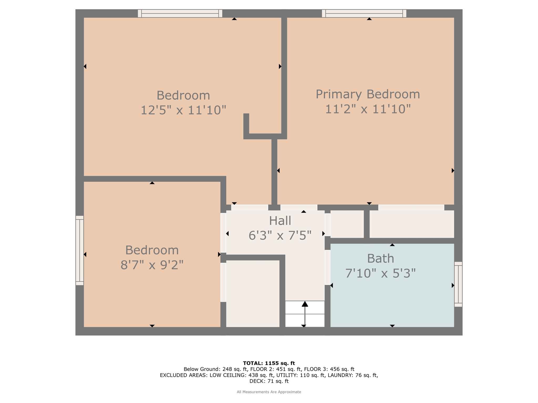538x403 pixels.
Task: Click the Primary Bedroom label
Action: click(x=368, y=94)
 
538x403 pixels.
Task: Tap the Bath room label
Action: click(x=381, y=258)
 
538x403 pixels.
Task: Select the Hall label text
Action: click(x=280, y=221)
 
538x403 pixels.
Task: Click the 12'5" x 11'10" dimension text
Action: click(x=183, y=110)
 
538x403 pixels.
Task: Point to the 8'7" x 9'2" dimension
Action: click(x=152, y=265)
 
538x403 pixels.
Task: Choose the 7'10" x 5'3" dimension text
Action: click(x=381, y=273)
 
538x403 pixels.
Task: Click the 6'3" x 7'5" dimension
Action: click(x=280, y=235)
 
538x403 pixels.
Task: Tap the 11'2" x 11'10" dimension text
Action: click(x=368, y=109)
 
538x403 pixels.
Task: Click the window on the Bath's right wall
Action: click(x=458, y=284)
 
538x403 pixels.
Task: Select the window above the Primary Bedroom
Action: click(x=364, y=13)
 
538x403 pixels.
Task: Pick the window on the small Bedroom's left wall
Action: click(x=80, y=250)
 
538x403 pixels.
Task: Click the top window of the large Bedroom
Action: click(x=180, y=13)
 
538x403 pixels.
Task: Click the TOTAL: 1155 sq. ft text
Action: click(x=269, y=363)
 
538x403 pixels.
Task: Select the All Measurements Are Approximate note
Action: click(x=269, y=392)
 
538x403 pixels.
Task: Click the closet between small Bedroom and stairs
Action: click(x=253, y=294)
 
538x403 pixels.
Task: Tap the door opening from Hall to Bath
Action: click(x=328, y=267)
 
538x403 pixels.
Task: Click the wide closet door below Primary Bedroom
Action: click(x=411, y=208)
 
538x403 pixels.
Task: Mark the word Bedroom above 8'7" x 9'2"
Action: click(x=152, y=250)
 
